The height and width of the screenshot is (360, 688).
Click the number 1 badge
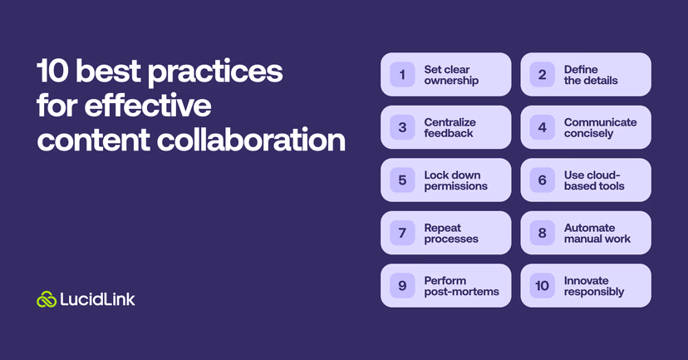click(402, 75)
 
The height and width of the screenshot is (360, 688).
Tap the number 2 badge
click(542, 75)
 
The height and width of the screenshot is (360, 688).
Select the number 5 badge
click(402, 180)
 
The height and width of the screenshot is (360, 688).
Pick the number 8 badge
click(542, 233)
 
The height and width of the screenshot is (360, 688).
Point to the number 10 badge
click(542, 286)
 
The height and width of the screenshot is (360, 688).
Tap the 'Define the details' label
click(591, 75)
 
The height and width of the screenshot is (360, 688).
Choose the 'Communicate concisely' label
click(600, 128)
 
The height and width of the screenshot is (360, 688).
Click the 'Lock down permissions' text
click(455, 180)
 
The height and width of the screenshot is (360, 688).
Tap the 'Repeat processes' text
click(450, 233)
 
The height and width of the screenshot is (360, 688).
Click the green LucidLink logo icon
click(47, 299)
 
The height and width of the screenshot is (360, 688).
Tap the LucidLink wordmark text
click(97, 299)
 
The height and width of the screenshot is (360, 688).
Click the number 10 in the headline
click(52, 73)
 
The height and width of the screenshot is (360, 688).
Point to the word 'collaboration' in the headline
click(253, 140)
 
